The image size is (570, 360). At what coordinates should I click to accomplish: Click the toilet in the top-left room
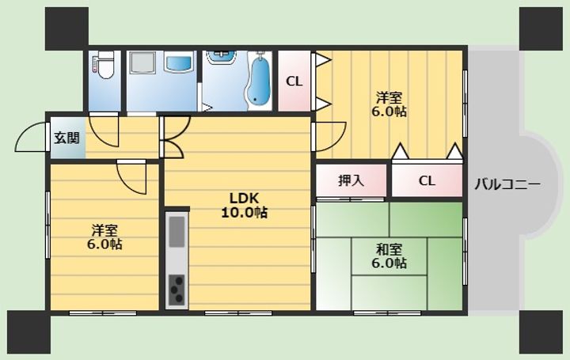[x=104, y=66]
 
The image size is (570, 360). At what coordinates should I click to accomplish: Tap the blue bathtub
[x=259, y=80]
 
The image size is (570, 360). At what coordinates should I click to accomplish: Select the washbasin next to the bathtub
[x=221, y=57]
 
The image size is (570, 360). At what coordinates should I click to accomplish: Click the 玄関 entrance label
[x=66, y=138]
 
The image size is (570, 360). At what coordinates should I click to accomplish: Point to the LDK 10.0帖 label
[x=244, y=205]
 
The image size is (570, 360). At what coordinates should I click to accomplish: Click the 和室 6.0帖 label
[x=389, y=256]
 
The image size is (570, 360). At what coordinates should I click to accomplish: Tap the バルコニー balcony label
[x=507, y=184]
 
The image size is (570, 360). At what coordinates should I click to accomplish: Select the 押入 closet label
[x=351, y=180]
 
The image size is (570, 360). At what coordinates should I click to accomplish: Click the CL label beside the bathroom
[x=294, y=81]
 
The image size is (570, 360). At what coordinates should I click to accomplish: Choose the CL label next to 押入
[x=427, y=180]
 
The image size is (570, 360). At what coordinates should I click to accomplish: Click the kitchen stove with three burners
[x=177, y=289]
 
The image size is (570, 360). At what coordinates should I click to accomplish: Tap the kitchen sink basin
[x=177, y=232]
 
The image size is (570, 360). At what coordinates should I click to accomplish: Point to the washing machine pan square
[x=143, y=63]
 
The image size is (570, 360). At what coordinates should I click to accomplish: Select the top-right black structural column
[x=541, y=28]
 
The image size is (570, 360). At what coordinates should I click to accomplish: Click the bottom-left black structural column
[x=28, y=332]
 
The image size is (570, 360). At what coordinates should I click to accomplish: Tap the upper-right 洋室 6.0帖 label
[x=389, y=104]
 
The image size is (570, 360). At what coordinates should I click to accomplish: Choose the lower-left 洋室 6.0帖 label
[x=104, y=237]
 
